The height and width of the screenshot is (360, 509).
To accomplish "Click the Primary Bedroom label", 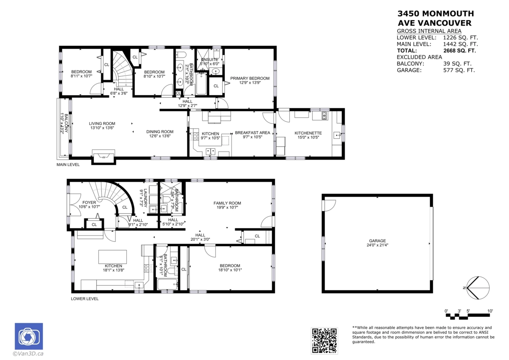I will pyautogui.click(x=249, y=79).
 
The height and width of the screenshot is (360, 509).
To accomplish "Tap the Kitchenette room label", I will pyautogui.click(x=308, y=133).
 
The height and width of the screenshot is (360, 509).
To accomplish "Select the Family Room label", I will pyautogui.click(x=227, y=203).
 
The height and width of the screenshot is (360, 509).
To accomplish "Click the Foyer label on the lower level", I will pyautogui.click(x=89, y=202).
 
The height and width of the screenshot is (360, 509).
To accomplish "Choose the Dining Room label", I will pyautogui.click(x=160, y=132).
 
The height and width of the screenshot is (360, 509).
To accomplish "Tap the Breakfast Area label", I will pyautogui.click(x=252, y=133).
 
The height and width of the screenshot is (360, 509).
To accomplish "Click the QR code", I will pyautogui.click(x=324, y=340).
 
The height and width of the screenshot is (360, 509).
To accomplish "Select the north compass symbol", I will pyautogui.click(x=478, y=288).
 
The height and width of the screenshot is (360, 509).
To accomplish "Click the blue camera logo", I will pyautogui.click(x=29, y=337).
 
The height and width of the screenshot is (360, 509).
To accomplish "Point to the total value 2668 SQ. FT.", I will pyautogui.click(x=459, y=51).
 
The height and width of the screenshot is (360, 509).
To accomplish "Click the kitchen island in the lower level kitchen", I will pyautogui.click(x=112, y=257).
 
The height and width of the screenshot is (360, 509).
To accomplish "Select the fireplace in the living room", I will pyautogui.click(x=103, y=156).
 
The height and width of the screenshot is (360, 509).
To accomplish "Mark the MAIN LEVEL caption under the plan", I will pyautogui.click(x=68, y=164).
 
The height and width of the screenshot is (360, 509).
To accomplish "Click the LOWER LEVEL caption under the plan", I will pyautogui.click(x=85, y=299).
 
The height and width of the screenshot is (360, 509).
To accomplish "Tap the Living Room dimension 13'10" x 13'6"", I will pyautogui.click(x=102, y=128).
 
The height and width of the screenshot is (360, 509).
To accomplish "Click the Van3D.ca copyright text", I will pyautogui.click(x=28, y=353).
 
